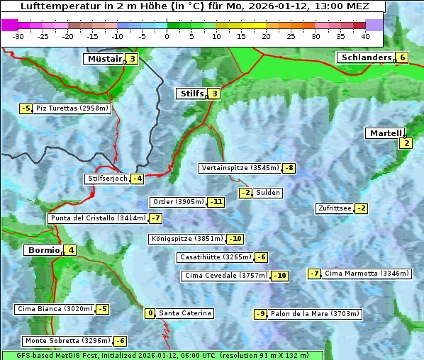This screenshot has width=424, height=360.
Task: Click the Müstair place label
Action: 104,59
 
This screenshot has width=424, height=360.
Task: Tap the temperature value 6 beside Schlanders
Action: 402,58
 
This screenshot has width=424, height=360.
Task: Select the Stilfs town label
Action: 190,94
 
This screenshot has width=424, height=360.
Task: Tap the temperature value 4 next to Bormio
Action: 71,250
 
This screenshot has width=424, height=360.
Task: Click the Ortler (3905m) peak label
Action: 178,202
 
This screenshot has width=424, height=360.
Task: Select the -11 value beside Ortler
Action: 216,202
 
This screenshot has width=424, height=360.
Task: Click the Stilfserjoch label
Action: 107,179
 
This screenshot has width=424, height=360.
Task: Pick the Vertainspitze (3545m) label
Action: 240,168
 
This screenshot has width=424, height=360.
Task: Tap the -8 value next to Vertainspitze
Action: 289,168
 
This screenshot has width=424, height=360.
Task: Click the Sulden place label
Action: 268,193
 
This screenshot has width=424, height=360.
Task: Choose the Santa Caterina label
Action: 184,313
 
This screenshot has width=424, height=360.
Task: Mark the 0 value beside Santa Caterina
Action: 150,313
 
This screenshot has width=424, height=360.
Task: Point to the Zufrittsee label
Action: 334,208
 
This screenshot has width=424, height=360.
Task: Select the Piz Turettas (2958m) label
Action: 72,108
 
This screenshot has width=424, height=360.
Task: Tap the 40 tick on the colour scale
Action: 365,36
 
